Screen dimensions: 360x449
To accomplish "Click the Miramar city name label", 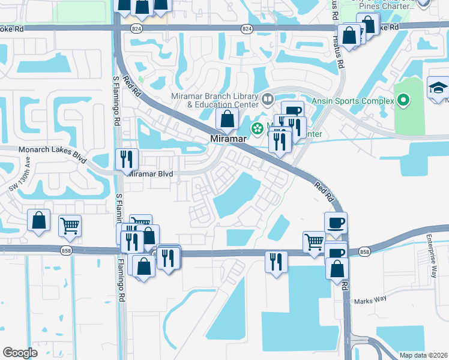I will click(x=226, y=139).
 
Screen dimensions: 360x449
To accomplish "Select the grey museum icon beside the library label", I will click(x=268, y=98).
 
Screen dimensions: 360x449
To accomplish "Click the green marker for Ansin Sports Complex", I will click(x=403, y=100).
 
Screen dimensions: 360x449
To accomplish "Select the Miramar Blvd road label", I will click(x=151, y=174).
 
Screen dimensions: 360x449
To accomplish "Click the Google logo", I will click(x=20, y=352).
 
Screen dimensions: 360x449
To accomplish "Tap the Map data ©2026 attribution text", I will click(x=423, y=355).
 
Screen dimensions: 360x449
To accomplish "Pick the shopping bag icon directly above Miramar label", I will click(x=228, y=118).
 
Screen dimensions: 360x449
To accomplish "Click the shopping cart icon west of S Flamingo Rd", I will click(x=70, y=226).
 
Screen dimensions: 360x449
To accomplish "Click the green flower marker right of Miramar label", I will click(x=258, y=128).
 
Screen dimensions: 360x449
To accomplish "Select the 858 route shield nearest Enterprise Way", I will click(x=364, y=252).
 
